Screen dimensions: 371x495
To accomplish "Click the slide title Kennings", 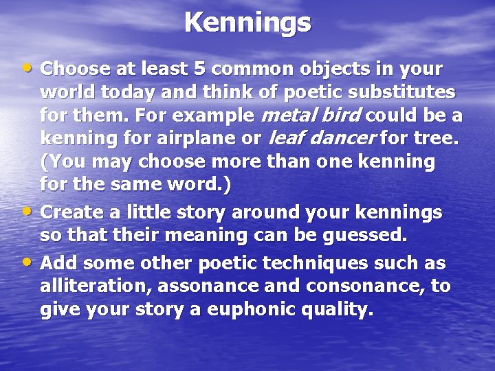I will [x=247, y=23].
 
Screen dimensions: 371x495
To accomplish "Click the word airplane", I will [x=184, y=139].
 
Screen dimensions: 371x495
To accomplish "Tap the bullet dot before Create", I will [x=26, y=211].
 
